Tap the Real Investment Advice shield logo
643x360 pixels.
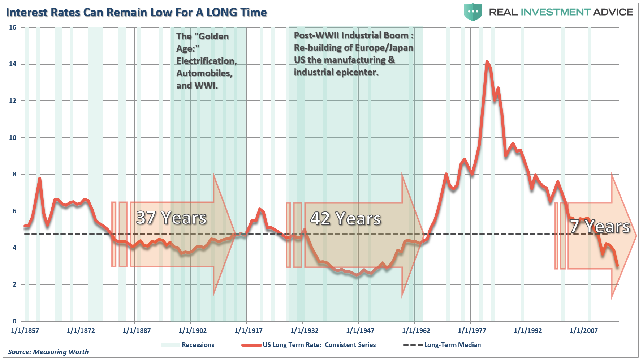[x=473, y=12]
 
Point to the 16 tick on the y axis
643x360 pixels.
[x=13, y=27]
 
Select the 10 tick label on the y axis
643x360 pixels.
[x=13, y=138]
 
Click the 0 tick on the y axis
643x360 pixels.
[x=15, y=321]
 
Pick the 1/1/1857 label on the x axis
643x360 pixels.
[x=25, y=331]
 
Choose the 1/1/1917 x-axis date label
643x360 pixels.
[x=249, y=331]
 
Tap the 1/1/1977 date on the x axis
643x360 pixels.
[x=472, y=331]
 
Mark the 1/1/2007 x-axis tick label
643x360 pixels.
[x=584, y=331]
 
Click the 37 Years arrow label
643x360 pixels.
[x=171, y=218]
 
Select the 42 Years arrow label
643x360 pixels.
[x=346, y=219]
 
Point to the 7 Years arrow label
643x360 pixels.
[x=600, y=227]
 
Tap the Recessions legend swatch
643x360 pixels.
[x=171, y=345]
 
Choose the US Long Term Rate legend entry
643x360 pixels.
[x=319, y=345]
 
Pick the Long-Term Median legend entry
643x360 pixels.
[x=452, y=345]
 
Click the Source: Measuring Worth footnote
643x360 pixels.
[x=48, y=352]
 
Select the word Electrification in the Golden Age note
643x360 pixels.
[x=206, y=61]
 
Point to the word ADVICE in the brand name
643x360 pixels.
[x=613, y=12]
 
